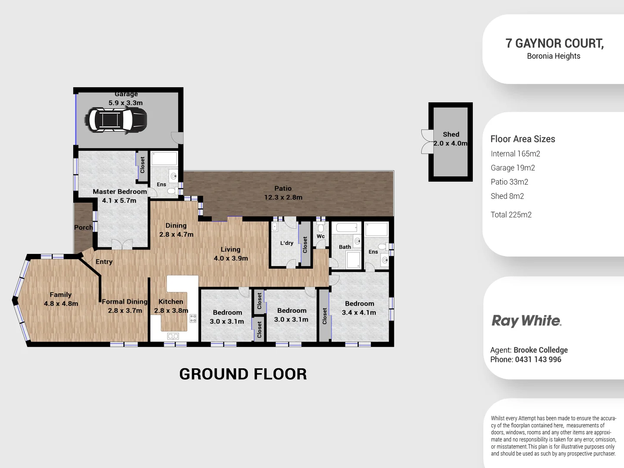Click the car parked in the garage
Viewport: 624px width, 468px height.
coord(116,119)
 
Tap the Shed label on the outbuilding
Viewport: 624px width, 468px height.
coord(451,134)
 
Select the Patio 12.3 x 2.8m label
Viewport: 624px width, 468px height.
coord(283,193)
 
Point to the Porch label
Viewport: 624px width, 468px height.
coord(83,227)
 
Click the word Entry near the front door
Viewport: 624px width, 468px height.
coord(104,262)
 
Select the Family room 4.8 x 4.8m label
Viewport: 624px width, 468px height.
coord(61,299)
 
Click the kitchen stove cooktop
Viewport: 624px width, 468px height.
coord(193,318)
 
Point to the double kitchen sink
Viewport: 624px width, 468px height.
coord(173,336)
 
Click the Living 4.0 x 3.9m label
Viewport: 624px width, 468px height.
coord(231,253)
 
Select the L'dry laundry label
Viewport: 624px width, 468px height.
coord(286,243)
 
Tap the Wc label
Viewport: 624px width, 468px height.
coord(321,236)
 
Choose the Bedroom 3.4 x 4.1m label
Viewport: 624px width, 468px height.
coord(359,308)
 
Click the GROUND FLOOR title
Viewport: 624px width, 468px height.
coord(243,374)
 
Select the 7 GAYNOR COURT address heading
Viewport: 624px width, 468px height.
coord(554,43)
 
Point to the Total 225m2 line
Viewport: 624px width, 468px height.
coord(511,214)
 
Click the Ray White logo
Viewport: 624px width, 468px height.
coord(526,321)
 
